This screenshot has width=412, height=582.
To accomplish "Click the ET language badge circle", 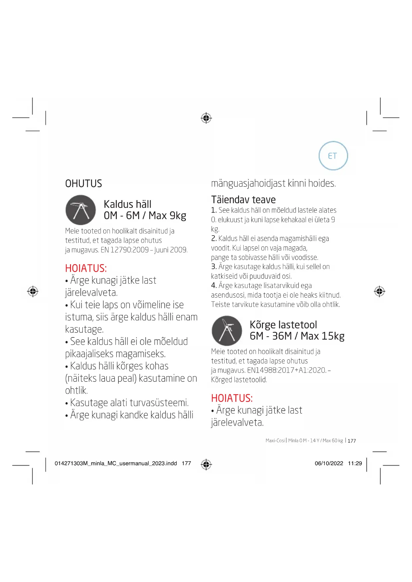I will point(333,156).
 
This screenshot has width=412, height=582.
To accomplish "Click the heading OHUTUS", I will point(83,183).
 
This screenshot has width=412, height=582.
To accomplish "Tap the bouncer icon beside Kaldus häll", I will point(81,210).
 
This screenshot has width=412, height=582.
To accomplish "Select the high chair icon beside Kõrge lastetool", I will point(227,330).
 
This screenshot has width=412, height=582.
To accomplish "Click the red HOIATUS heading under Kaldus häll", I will point(86,268).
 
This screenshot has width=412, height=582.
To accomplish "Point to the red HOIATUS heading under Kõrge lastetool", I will point(232,398).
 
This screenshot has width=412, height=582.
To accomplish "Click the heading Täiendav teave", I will point(243,200).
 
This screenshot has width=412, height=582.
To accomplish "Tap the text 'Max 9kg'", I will point(167,216).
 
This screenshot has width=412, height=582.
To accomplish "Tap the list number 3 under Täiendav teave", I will point(214,267).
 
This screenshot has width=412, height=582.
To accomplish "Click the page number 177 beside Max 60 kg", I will point(352,441).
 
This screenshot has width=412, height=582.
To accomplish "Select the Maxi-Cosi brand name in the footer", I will point(275,441).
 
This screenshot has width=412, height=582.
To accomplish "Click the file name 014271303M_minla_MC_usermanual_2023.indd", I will point(116,463).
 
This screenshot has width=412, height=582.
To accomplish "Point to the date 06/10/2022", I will point(329,463).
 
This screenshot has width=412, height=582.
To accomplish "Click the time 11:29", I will point(355,463).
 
